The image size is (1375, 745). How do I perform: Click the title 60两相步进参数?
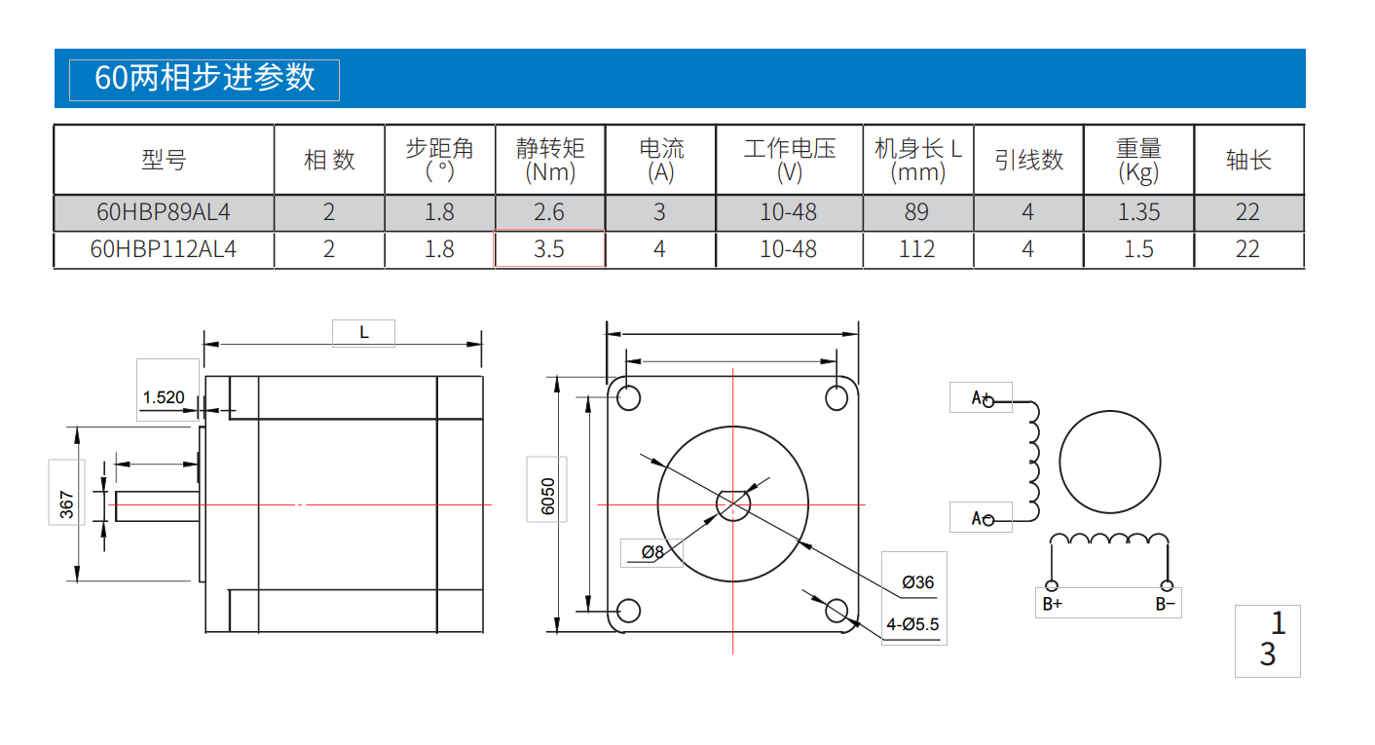[204, 78]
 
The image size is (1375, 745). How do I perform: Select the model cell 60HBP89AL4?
[164, 212]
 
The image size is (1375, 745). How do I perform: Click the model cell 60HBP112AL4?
[164, 249]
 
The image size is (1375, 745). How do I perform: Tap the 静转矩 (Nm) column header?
[550, 160]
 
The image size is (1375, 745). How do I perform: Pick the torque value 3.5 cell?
[549, 249]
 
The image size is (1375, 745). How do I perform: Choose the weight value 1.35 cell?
[1138, 212]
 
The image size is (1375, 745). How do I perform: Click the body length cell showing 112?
[916, 249]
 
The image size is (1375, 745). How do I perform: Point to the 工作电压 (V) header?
[789, 160]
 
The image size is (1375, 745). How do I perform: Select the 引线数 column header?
[1028, 160]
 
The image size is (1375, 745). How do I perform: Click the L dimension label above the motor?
[363, 332]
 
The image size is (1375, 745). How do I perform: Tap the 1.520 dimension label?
[164, 397]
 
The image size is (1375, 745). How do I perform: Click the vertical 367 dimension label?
[66, 504]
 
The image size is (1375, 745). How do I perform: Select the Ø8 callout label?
[652, 553]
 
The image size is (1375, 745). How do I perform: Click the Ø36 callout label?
[917, 582]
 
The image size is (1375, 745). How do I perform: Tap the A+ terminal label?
[981, 397]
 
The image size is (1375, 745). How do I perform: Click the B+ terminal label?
[1053, 604]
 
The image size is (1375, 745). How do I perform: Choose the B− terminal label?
[1166, 604]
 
